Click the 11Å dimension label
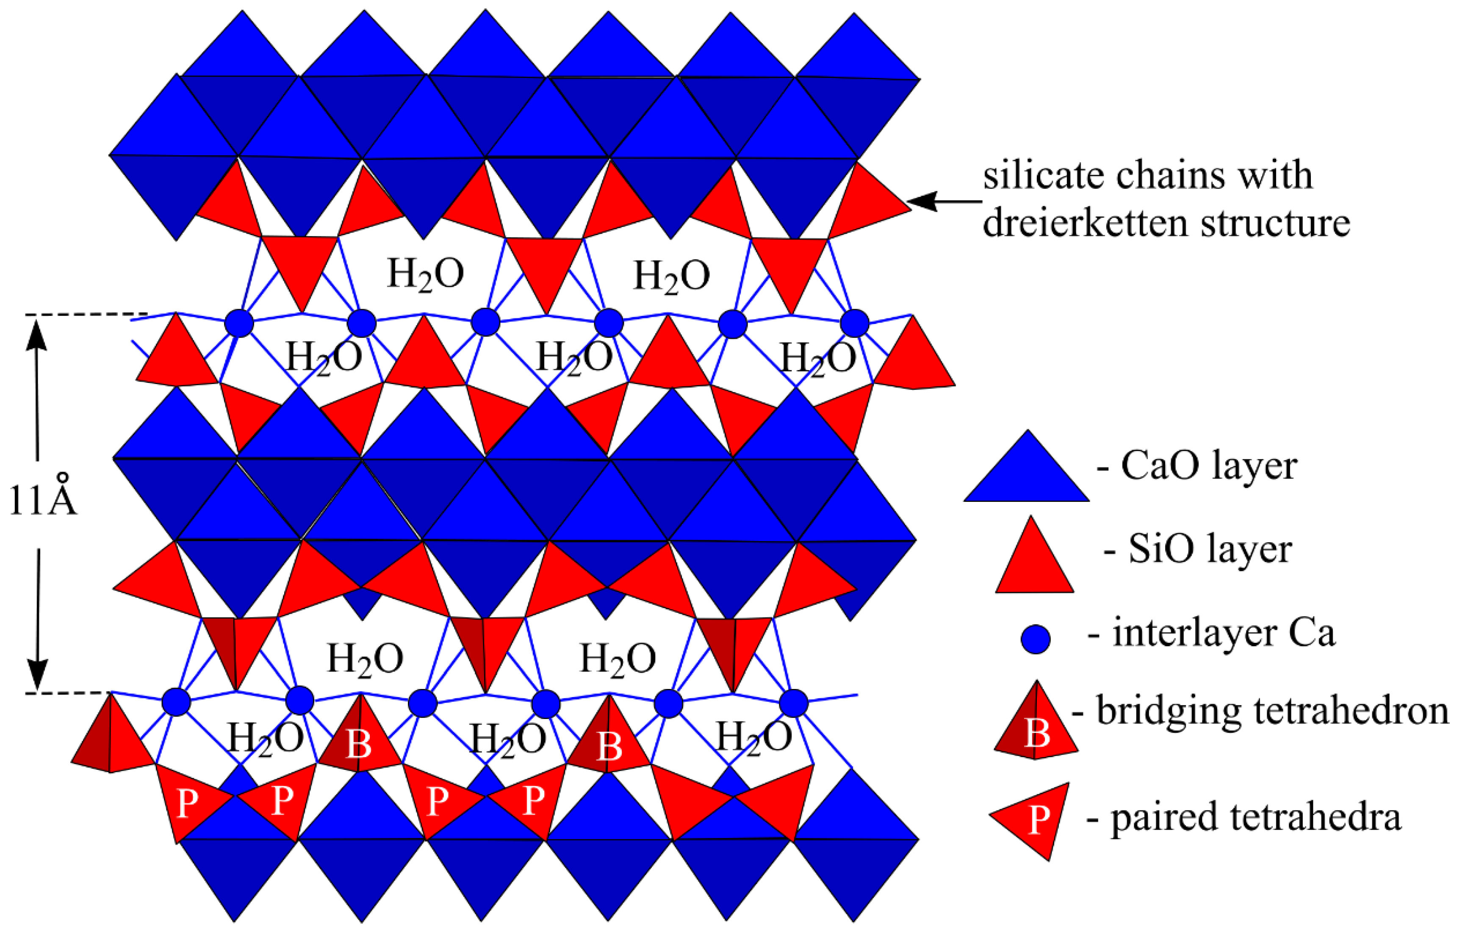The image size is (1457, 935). click(42, 501)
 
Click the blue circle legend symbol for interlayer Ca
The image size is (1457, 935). click(1036, 639)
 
